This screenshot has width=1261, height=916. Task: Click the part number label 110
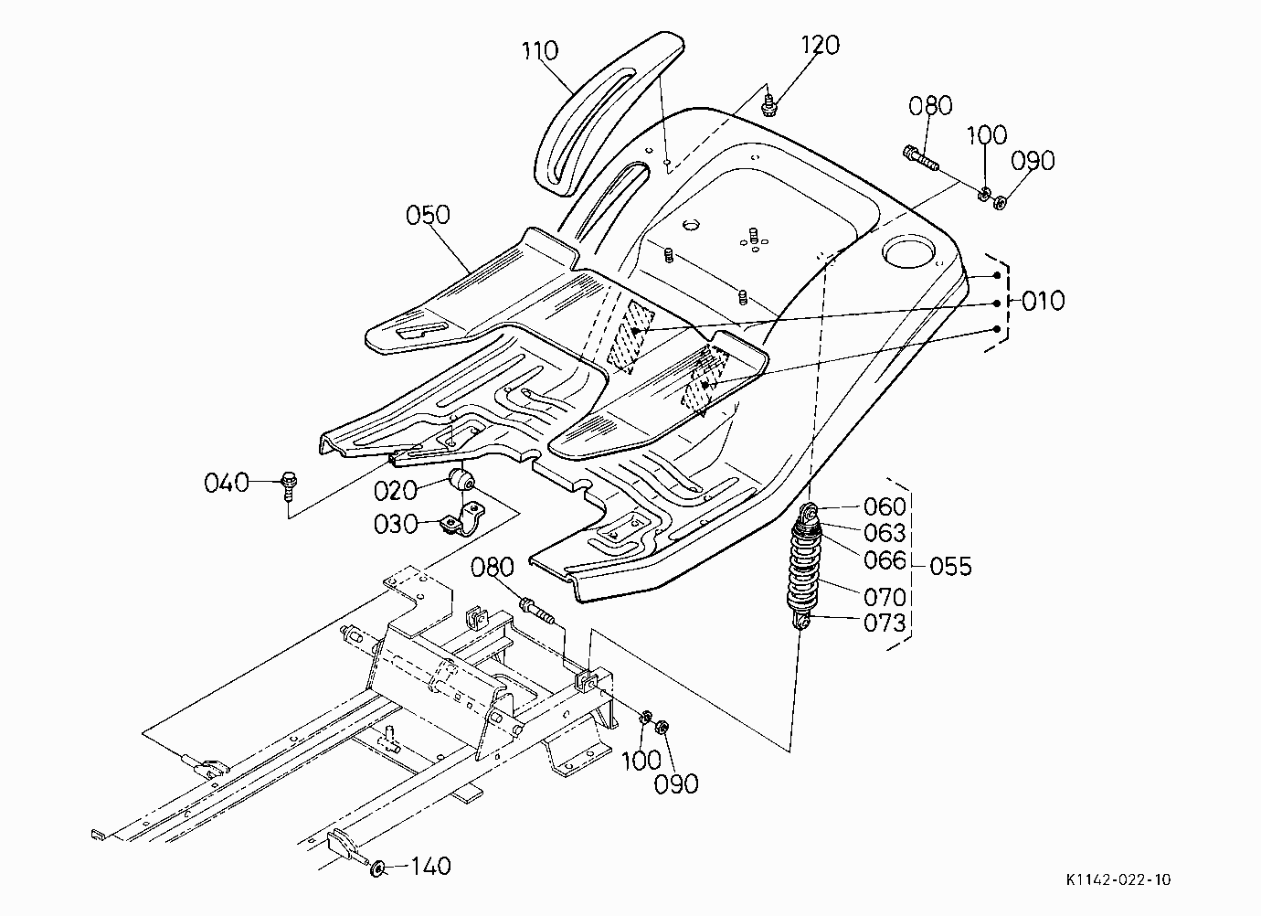tap(540, 50)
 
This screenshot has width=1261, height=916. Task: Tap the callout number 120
tap(820, 45)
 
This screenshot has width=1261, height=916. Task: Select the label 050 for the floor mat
tap(428, 215)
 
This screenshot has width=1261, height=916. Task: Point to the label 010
tap(1044, 301)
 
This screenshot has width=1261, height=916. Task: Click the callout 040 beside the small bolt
tap(227, 483)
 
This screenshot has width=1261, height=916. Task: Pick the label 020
tap(396, 491)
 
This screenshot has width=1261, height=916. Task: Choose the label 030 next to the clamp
tap(396, 525)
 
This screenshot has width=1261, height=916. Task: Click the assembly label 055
tap(951, 566)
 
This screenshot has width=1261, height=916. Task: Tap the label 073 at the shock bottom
tap(885, 623)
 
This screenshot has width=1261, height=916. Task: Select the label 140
tap(431, 867)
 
